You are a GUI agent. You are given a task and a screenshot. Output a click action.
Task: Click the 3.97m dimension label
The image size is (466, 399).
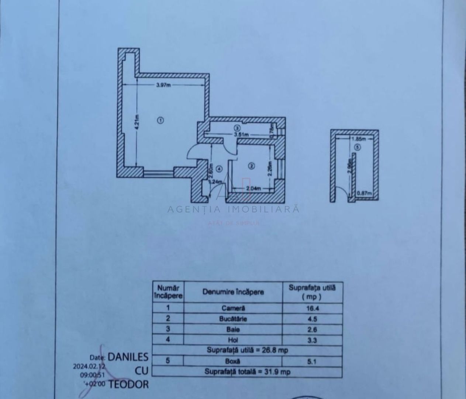pos(163,85)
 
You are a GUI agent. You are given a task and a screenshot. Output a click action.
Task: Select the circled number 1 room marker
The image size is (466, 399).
pos(160,120)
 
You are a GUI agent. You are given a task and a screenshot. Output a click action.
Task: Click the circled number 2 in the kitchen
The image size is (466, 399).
pos(251,166)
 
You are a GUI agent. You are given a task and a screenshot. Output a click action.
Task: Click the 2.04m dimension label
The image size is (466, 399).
pos(253,188)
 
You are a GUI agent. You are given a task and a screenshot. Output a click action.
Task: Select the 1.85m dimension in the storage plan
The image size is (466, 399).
pos(358,139)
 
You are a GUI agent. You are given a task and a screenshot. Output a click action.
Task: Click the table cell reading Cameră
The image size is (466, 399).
pos(233,308)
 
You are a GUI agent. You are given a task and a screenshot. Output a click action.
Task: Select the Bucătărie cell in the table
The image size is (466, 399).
pos(233,318)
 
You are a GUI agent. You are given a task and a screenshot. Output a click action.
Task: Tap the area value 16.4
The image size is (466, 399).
pos(312,308)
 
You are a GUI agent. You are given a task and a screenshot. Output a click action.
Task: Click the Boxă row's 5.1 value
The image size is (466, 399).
pos(312,361)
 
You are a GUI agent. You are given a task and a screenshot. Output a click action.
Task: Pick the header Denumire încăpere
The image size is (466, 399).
pos(233,292)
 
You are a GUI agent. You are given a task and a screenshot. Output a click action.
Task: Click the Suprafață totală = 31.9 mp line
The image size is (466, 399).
pos(247,372)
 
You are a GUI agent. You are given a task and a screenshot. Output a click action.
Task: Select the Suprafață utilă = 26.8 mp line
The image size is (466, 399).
pos(247,350)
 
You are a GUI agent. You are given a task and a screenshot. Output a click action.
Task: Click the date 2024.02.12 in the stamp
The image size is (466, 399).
pos(89,366)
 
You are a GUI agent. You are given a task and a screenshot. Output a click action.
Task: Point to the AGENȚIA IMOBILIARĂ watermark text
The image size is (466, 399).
pos(233,209)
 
